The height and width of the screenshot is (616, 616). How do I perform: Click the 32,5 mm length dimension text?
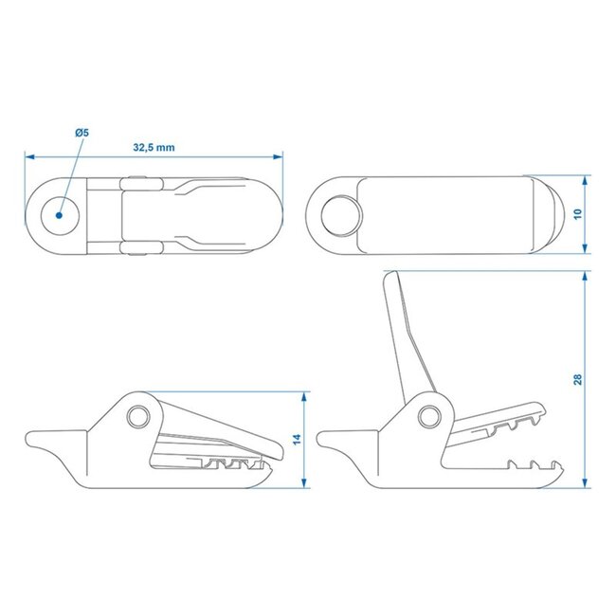pyautogui.click(x=154, y=149)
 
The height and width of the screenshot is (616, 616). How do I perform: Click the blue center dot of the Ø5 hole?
pyautogui.click(x=59, y=214)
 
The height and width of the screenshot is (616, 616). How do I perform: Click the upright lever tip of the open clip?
pyautogui.click(x=389, y=277)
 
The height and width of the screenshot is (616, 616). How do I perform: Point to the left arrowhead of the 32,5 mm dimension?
pyautogui.click(x=27, y=155)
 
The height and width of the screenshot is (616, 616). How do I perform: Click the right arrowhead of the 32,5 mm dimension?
pyautogui.click(x=281, y=155)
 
